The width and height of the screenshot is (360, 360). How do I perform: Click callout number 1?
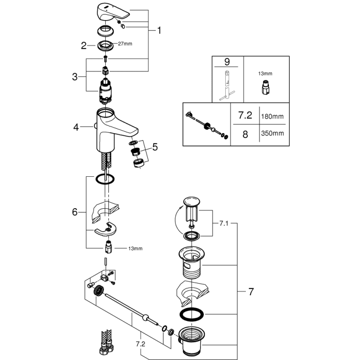click(159, 30)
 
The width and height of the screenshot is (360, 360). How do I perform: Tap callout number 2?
click(84, 46)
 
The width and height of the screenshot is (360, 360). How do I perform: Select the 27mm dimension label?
click(125, 44)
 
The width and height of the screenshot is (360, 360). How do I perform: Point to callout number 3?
click(75, 77)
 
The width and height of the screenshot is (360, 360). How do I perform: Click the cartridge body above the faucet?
click(105, 90)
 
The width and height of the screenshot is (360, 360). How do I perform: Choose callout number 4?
click(76, 127)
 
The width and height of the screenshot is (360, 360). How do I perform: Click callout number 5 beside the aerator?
click(155, 147)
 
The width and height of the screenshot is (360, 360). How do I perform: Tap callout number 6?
click(75, 212)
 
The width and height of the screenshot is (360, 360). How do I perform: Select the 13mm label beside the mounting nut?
click(135, 248)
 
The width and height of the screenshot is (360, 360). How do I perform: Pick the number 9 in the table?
click(227, 62)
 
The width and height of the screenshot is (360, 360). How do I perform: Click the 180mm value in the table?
click(272, 117)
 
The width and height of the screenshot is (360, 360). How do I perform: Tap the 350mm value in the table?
click(272, 133)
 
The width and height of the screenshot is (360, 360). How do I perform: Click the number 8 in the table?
click(245, 134)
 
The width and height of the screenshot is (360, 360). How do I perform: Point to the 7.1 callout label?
click(224, 223)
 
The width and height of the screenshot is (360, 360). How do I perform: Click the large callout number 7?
click(251, 292)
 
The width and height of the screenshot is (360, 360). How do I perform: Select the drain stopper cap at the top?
click(192, 201)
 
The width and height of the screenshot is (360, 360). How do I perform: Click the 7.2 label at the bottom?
click(141, 344)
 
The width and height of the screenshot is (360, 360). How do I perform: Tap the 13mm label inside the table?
click(265, 73)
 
